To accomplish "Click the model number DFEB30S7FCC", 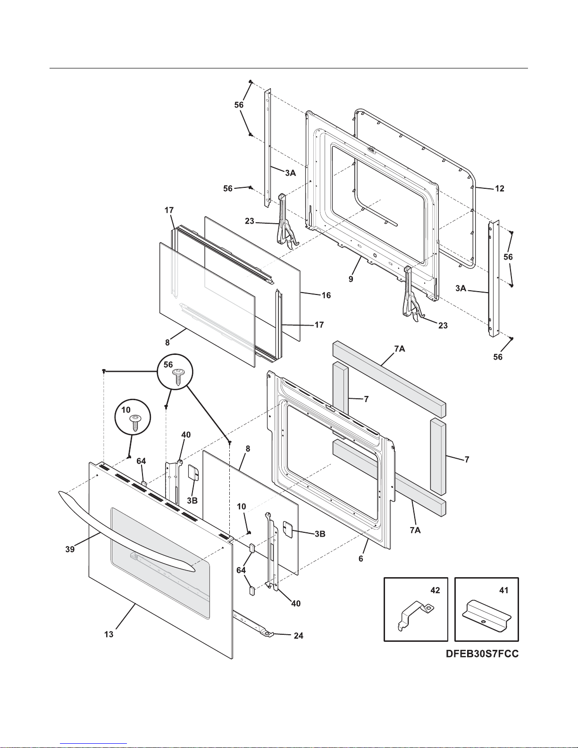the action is pos(482,654).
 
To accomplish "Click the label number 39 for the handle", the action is pos(70,549).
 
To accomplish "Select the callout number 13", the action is pos(109,634).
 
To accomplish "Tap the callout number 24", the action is pos(298,636).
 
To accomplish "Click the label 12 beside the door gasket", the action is pos(500,188).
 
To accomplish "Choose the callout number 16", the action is pos(326,295).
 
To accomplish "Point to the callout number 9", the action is pos(351,279).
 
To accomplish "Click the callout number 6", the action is pos(361,558).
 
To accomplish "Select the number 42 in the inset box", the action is pos(435,590).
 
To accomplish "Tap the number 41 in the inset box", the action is pos(504,590).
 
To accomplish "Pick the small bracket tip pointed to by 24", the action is pos(268,634).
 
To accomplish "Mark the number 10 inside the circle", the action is pos(126,410).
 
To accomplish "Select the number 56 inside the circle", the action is pos(168,364).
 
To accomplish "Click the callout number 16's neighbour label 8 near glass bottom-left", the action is pos(168,342).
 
